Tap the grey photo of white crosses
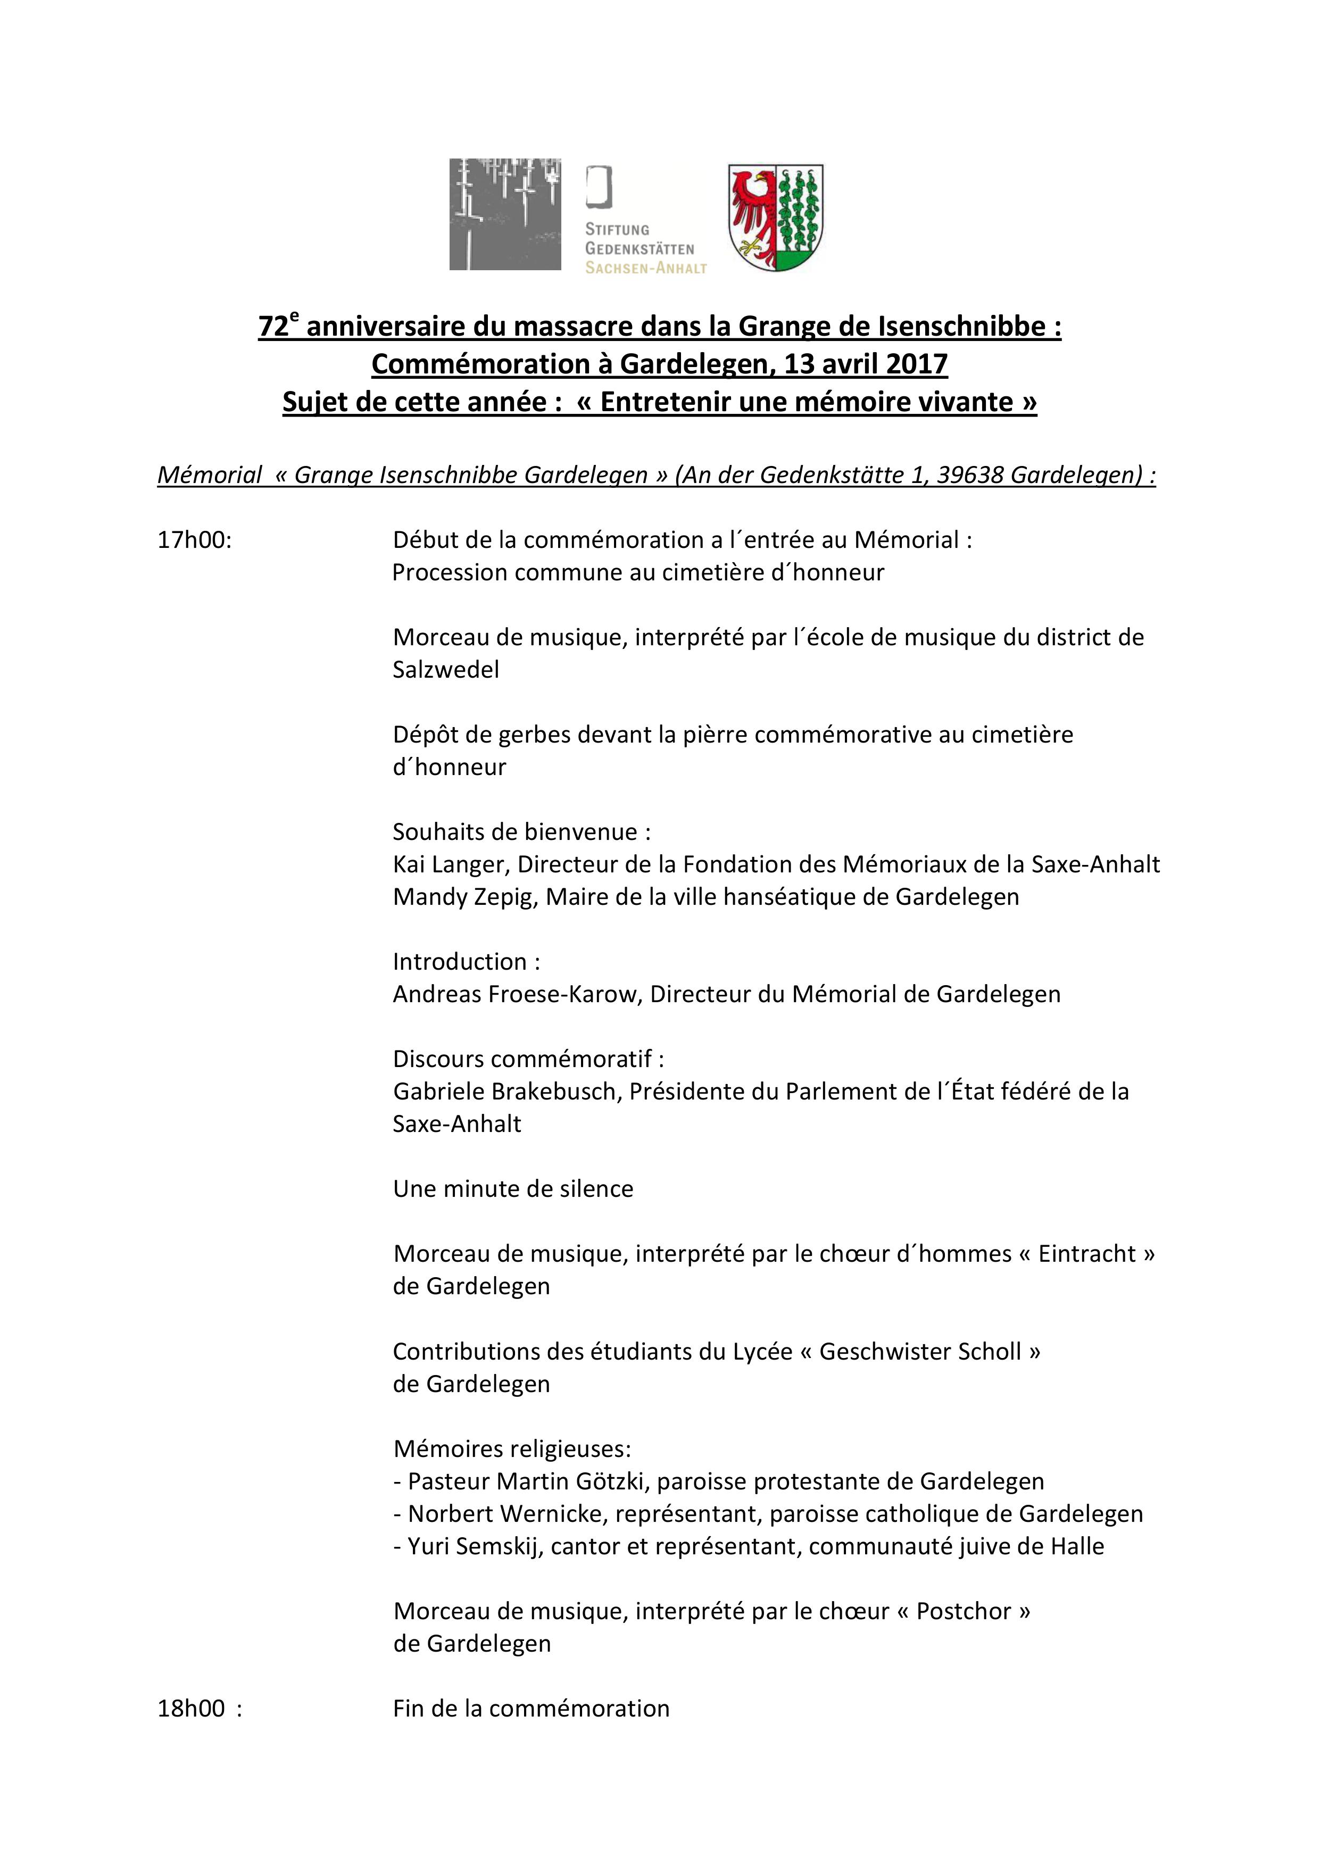tap(505, 214)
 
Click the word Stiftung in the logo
tap(617, 230)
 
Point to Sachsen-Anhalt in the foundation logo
tap(646, 268)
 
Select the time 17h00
tap(194, 540)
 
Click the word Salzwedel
tap(445, 670)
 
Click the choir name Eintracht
tap(1087, 1254)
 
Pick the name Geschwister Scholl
tap(919, 1352)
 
